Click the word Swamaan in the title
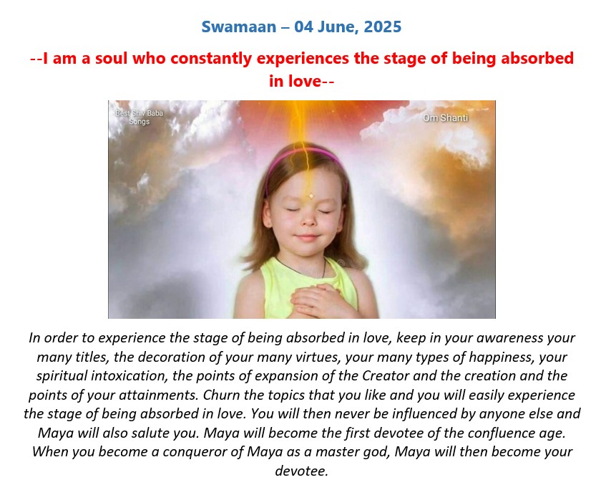tap(239, 27)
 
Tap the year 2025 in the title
tap(383, 27)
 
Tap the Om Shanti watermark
tap(445, 117)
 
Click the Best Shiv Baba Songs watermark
tap(139, 117)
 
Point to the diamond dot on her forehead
tap(311, 196)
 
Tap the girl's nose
tap(308, 220)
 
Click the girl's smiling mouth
tap(307, 236)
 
